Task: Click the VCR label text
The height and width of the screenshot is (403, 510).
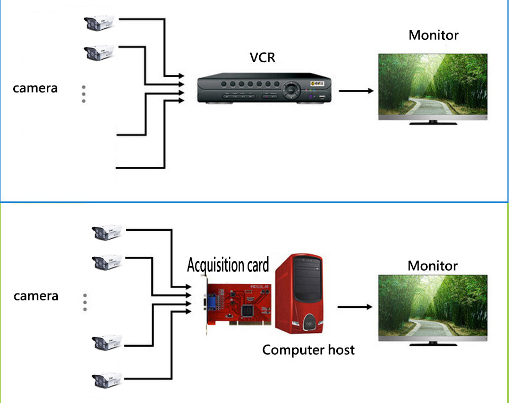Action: [x=263, y=57]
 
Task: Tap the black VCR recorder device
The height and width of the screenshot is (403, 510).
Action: [x=264, y=90]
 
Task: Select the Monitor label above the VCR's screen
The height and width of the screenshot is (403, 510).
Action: [x=433, y=35]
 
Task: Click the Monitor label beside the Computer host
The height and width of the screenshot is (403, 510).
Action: [x=432, y=265]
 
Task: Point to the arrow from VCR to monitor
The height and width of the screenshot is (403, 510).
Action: [x=355, y=90]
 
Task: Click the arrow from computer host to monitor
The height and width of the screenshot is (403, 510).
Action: [x=355, y=307]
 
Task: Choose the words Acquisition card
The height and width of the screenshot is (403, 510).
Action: [x=228, y=264]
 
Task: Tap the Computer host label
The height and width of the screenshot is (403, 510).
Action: [x=308, y=350]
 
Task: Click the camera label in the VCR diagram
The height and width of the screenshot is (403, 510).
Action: [x=35, y=88]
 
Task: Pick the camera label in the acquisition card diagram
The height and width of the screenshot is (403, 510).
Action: [x=36, y=296]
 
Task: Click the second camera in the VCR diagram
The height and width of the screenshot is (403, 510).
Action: [x=100, y=53]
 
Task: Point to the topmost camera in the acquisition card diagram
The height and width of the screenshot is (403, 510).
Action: [x=107, y=232]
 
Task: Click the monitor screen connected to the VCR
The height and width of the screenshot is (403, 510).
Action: [x=432, y=85]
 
